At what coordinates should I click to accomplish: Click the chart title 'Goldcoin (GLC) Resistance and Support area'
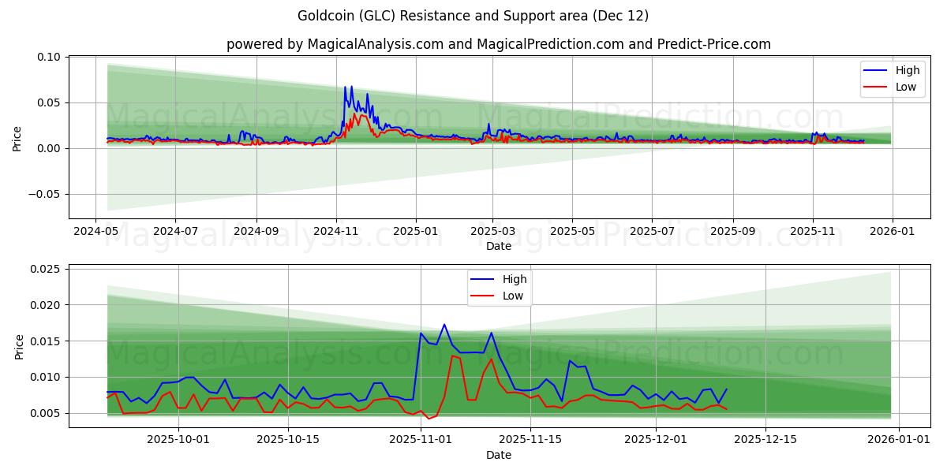pyautogui.click(x=473, y=16)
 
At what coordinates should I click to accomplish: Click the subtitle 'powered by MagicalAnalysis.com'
pyautogui.click(x=335, y=44)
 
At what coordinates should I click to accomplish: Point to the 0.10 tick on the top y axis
pyautogui.click(x=49, y=57)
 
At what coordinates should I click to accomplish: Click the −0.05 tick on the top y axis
pyautogui.click(x=46, y=194)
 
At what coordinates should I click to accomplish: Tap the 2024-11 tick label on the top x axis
pyautogui.click(x=336, y=232)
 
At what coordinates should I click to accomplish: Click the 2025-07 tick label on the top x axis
pyautogui.click(x=652, y=232)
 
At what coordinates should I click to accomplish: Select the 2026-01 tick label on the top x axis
pyautogui.click(x=893, y=232)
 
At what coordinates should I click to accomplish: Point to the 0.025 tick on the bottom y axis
pyautogui.click(x=46, y=269)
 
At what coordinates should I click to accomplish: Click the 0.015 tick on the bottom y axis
pyautogui.click(x=46, y=341)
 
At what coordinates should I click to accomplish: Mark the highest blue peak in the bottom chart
pyautogui.click(x=444, y=324)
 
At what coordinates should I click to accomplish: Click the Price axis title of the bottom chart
pyautogui.click(x=20, y=346)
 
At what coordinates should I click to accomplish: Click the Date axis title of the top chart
pyautogui.click(x=498, y=246)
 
